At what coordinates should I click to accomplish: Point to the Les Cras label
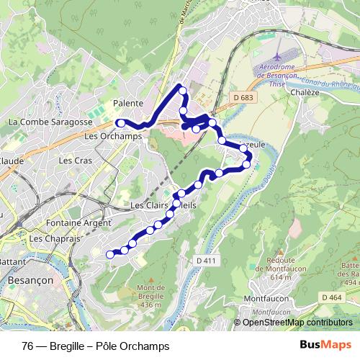click(x=75, y=161)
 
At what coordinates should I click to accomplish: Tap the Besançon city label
click(x=26, y=278)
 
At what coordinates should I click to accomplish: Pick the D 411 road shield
click(x=205, y=260)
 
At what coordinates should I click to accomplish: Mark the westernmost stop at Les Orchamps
click(x=121, y=123)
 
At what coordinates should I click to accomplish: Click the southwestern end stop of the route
click(x=110, y=253)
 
